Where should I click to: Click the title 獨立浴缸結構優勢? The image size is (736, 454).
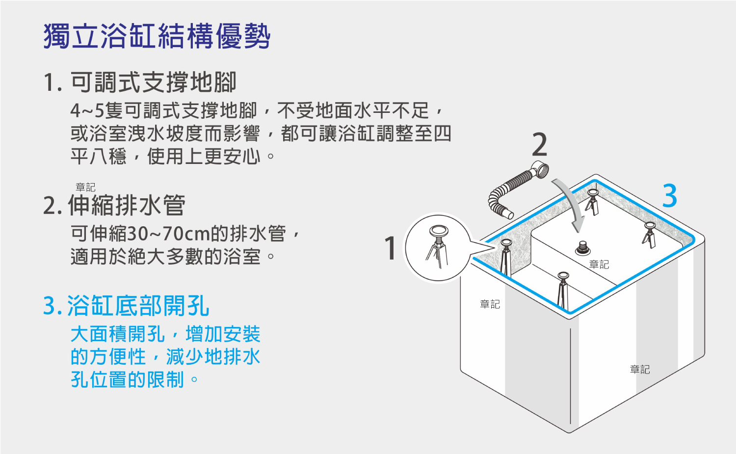click(x=157, y=36)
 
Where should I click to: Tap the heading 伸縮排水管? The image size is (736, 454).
click(x=127, y=205)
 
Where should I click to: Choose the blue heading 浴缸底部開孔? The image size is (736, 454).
click(x=138, y=305)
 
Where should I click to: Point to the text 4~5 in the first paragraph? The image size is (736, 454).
click(x=87, y=110)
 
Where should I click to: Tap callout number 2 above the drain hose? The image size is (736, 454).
click(x=540, y=144)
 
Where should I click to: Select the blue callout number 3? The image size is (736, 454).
click(x=670, y=196)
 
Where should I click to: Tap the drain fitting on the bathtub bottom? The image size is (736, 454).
click(x=582, y=248)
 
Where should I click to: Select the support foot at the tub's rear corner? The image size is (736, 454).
click(x=592, y=202)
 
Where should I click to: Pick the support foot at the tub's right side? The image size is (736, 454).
click(x=649, y=235)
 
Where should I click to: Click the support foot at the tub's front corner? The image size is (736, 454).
click(x=563, y=291)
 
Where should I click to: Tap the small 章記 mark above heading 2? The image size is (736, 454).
click(x=85, y=187)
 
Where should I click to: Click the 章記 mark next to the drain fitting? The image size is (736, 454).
click(x=599, y=265)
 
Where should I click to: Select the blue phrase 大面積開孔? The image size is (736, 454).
click(x=118, y=334)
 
